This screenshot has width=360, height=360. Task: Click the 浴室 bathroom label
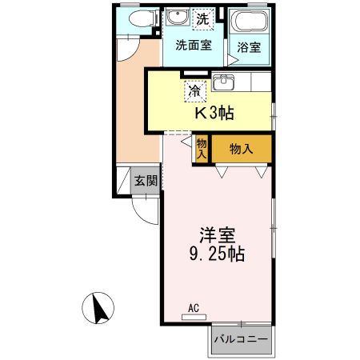tap(248, 47)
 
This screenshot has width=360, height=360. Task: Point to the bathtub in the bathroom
tap(248, 22)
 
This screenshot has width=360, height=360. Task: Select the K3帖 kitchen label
tap(215, 113)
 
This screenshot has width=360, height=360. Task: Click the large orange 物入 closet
tap(242, 149)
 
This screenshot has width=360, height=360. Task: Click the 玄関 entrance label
tap(146, 180)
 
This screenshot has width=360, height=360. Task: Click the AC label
tap(194, 307)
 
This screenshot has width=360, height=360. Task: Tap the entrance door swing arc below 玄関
tap(144, 210)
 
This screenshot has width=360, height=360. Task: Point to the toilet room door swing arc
tap(128, 50)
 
